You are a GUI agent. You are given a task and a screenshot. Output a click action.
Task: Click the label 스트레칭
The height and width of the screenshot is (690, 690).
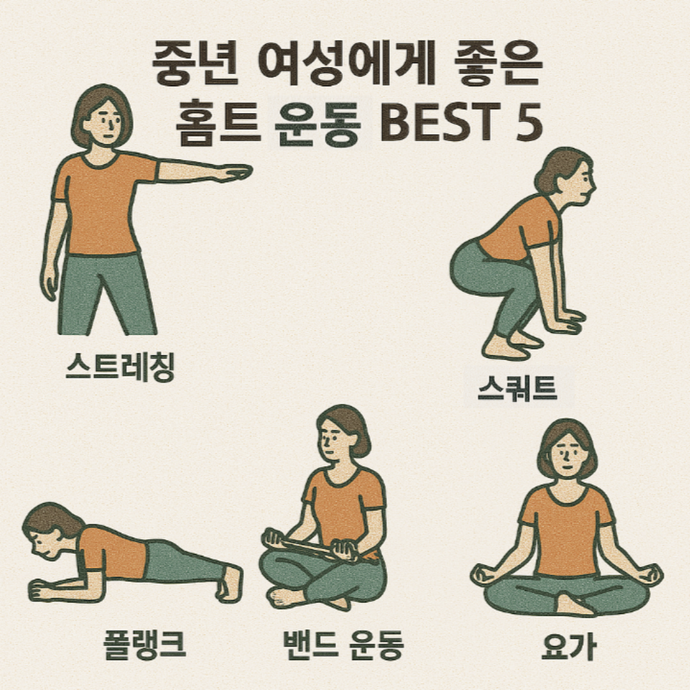point(119,369)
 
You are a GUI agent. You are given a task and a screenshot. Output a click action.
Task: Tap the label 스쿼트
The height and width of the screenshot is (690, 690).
point(517,390)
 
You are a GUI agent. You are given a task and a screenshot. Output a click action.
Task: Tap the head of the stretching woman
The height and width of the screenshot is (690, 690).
point(102,118)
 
